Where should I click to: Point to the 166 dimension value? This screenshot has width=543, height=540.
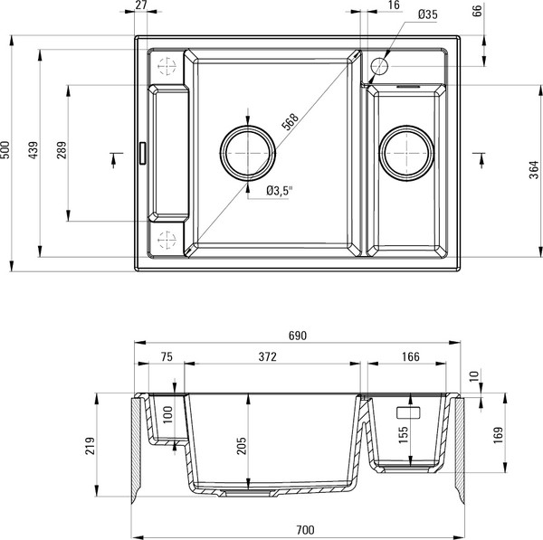tap(409, 358)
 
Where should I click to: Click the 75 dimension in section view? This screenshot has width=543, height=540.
tap(166, 358)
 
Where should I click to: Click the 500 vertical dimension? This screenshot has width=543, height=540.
tap(6, 152)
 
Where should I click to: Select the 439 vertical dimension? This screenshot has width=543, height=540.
tap(33, 152)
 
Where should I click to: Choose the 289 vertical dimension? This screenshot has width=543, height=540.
tap(61, 152)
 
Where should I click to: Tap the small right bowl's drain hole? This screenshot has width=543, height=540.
tap(407, 153)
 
